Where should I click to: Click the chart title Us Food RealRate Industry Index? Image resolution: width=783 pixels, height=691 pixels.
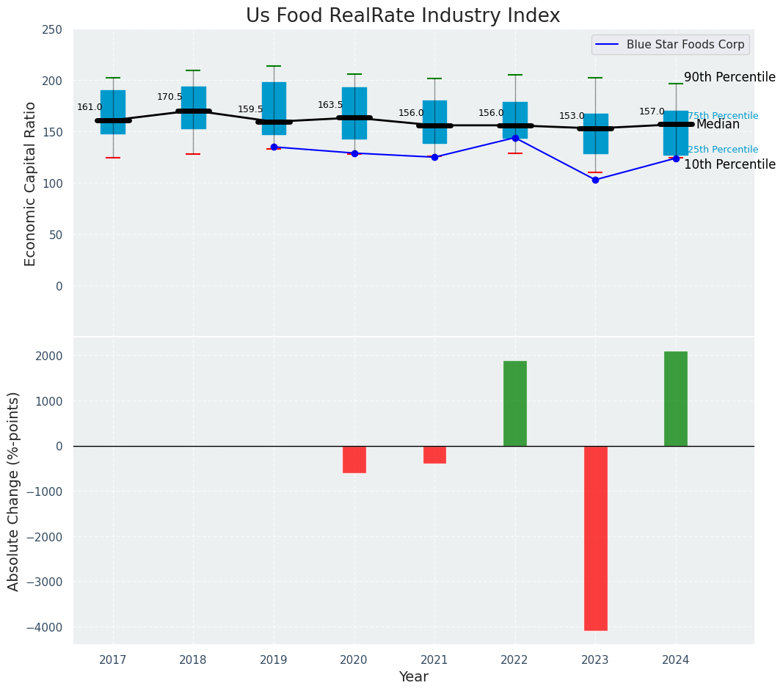[x=403, y=16]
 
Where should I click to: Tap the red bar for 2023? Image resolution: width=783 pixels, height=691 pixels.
[x=595, y=538]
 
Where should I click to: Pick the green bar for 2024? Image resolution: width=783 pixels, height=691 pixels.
[x=676, y=398]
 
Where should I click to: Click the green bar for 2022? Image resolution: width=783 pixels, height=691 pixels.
[x=515, y=403]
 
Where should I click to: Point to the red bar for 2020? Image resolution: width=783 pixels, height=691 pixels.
[x=354, y=459]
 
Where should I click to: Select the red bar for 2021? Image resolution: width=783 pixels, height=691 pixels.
[x=434, y=455]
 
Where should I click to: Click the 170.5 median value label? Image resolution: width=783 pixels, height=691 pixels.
[x=170, y=97]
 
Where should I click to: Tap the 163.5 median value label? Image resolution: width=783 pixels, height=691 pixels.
[x=330, y=105]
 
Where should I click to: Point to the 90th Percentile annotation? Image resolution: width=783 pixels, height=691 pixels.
[x=729, y=77]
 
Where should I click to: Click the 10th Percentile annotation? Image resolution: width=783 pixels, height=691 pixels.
[x=729, y=164]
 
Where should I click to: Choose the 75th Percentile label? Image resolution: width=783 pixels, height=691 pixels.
[x=723, y=116]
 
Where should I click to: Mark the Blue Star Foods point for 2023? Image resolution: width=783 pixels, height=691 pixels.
[x=595, y=180]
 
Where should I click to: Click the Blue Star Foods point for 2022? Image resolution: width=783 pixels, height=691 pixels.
[x=515, y=138]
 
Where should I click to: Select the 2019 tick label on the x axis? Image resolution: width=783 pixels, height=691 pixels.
[x=274, y=660]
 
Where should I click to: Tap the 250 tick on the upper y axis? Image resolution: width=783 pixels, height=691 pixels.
[x=53, y=29]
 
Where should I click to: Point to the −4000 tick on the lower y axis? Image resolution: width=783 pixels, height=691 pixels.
[x=45, y=627]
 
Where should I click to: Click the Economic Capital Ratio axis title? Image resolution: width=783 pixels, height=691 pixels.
[x=31, y=183]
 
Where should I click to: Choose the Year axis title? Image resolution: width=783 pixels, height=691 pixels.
[x=414, y=677]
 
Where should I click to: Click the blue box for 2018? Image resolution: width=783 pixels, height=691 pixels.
[x=194, y=108]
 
